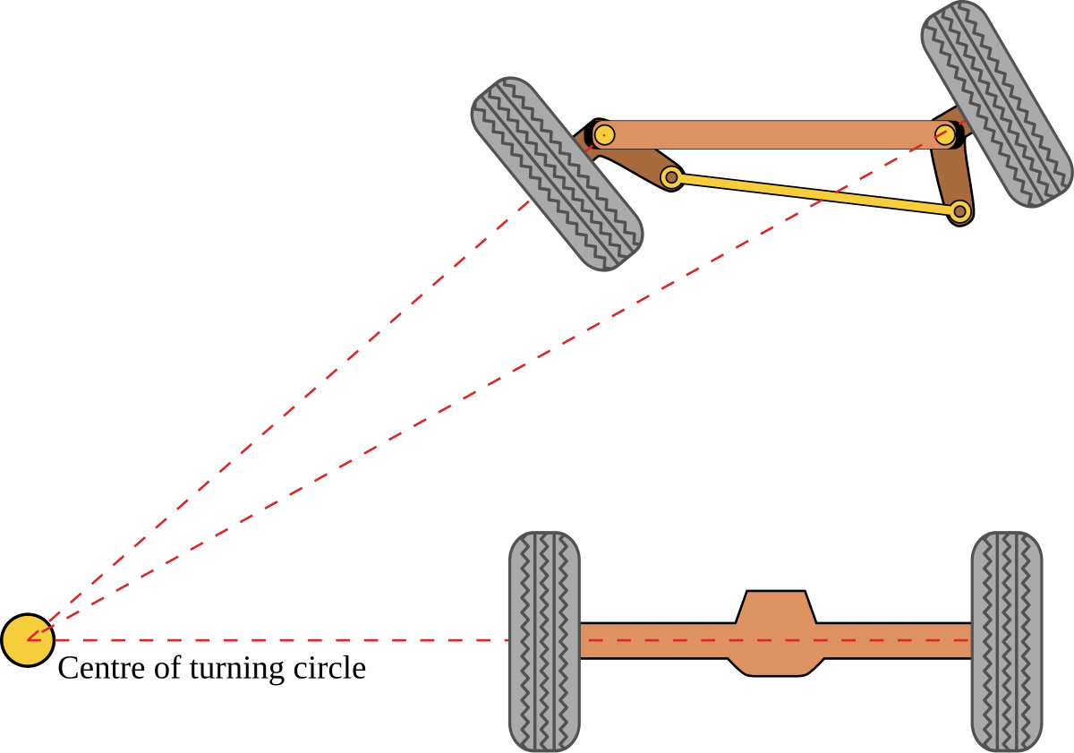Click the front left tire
click(556, 174)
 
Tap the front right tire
click(996, 103)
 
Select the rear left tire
click(544, 641)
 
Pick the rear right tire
click(1007, 641)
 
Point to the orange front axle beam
click(770, 134)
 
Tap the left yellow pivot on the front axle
click(604, 134)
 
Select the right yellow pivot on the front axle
click(945, 135)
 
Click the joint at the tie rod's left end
click(671, 177)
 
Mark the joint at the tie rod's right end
click(959, 211)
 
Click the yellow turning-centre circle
click(28, 640)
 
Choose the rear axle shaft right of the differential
click(895, 641)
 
